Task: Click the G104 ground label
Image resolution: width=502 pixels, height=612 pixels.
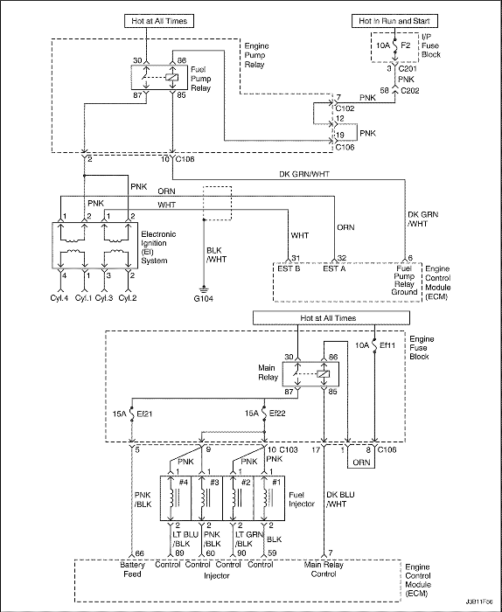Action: [204, 299]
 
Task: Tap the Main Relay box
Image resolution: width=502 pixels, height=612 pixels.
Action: [310, 374]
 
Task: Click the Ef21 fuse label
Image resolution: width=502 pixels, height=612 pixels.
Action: [144, 413]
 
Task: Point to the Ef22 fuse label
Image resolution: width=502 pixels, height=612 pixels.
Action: [277, 413]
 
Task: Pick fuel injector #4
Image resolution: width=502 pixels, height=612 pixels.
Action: [176, 497]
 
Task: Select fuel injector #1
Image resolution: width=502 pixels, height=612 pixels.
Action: [269, 497]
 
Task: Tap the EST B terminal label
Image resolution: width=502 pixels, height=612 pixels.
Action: [289, 268]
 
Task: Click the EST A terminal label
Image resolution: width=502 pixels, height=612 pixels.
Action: [335, 268]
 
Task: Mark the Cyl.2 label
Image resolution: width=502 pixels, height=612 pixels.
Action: [128, 298]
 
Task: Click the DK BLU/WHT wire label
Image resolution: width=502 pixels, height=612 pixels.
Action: [340, 499]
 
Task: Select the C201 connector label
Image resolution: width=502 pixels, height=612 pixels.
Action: [407, 69]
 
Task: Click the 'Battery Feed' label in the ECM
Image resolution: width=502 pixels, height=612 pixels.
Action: [132, 569]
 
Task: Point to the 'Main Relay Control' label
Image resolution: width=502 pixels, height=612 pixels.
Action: [324, 569]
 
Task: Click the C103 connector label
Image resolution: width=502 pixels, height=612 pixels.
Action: [289, 449]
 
